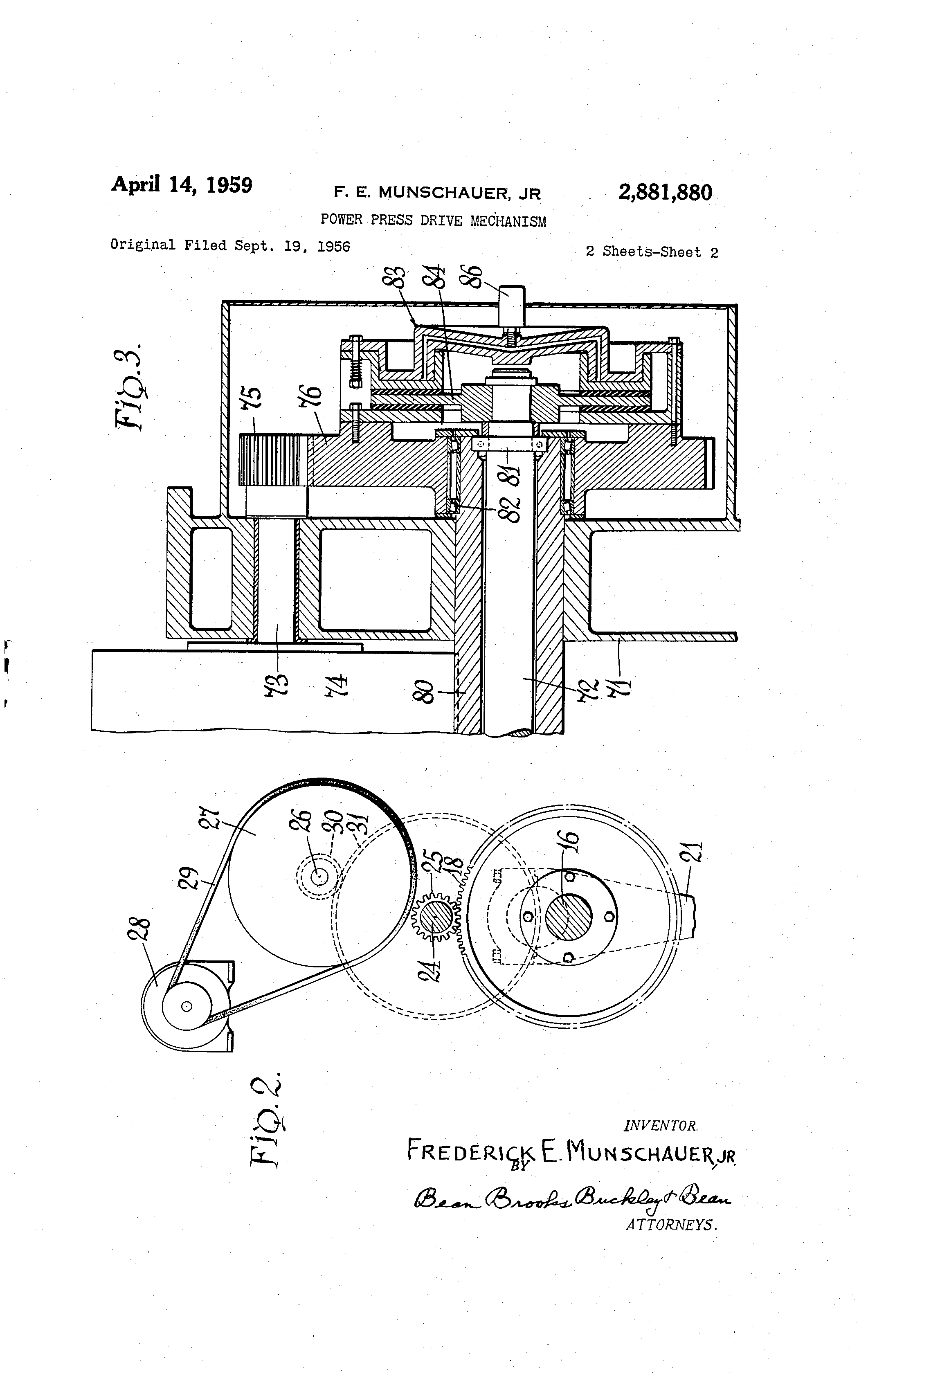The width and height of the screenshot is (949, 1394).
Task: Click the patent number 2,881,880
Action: point(665,193)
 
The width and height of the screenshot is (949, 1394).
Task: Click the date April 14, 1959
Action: point(181,184)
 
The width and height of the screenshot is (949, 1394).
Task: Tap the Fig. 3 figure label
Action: point(128,387)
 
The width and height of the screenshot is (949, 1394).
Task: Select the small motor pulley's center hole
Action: point(187,1007)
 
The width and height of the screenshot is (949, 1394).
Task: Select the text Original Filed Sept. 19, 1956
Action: point(230,245)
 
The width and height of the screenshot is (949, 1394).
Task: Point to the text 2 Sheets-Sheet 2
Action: point(652,252)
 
